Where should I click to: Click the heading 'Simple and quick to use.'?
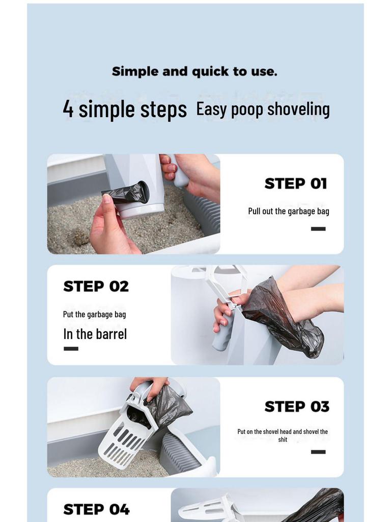(194, 71)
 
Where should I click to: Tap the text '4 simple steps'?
(125, 109)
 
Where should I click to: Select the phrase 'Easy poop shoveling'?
(263, 109)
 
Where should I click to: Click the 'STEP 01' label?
(296, 184)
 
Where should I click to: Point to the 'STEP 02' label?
(96, 286)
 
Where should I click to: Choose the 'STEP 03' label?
(297, 406)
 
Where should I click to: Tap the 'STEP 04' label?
(96, 509)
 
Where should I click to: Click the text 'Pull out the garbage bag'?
(289, 212)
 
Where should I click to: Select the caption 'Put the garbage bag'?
(94, 314)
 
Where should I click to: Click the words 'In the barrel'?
(95, 334)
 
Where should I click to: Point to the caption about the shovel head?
(283, 435)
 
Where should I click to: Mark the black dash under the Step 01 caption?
(318, 229)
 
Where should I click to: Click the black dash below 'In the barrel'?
(71, 349)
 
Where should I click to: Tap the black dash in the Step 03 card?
(318, 452)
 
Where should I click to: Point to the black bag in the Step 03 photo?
(168, 408)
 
